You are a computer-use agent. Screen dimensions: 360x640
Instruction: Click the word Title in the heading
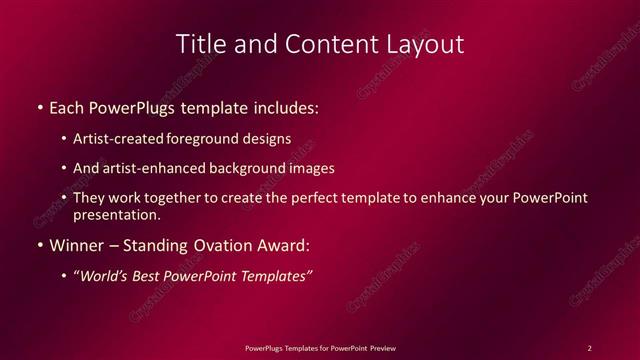pyautogui.click(x=199, y=45)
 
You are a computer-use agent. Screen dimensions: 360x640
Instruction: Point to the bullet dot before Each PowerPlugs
pyautogui.click(x=38, y=106)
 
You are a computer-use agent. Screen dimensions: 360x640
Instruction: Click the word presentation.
pyautogui.click(x=116, y=214)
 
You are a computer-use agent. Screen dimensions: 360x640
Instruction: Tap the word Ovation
pyautogui.click(x=215, y=245)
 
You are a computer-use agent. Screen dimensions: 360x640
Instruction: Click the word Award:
pyautogui.click(x=281, y=245)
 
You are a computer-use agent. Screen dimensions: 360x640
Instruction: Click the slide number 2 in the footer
pyautogui.click(x=589, y=348)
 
